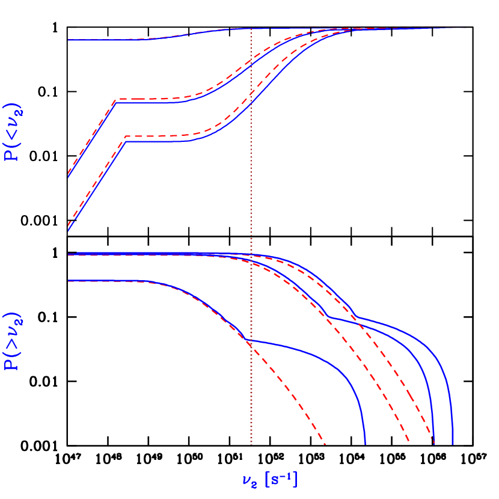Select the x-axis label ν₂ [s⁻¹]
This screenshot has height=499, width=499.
tap(269, 480)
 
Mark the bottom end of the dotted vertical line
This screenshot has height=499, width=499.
tap(251, 444)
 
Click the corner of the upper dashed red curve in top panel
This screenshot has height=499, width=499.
tap(115, 99)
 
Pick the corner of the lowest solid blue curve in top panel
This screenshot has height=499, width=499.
tap(126, 141)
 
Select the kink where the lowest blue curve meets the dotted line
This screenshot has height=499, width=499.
tap(249, 341)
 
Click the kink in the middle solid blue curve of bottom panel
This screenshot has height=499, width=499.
tap(329, 317)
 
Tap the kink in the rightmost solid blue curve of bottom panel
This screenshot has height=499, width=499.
tap(357, 317)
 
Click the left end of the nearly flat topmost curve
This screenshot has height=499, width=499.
tap(69, 40)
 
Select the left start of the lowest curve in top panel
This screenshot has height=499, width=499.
tap(69, 230)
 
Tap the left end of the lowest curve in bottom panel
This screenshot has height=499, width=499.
tap(69, 281)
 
